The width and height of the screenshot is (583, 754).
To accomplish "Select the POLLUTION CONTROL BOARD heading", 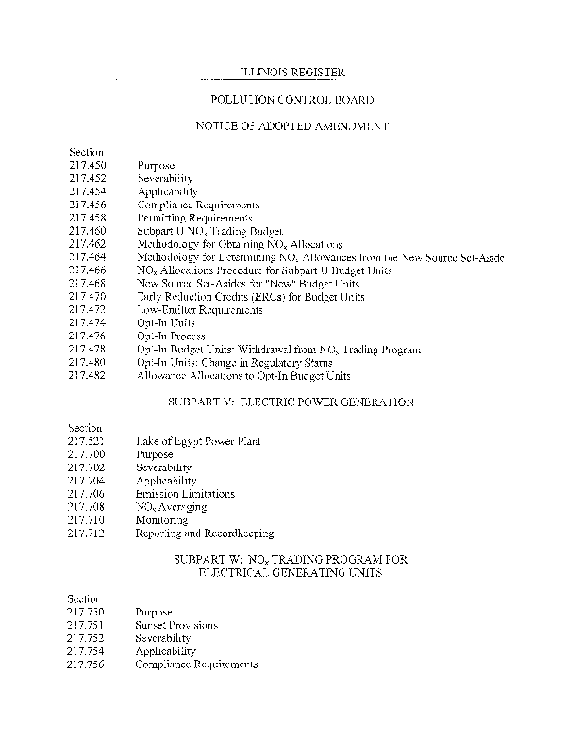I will pyautogui.click(x=291, y=99).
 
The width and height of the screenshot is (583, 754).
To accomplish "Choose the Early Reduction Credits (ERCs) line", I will pyautogui.click(x=237, y=297).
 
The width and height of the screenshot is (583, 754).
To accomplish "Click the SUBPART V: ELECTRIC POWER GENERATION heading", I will pyautogui.click(x=291, y=402).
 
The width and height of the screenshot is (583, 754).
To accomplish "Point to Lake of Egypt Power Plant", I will pyautogui.click(x=198, y=441).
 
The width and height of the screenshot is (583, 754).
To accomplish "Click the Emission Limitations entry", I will pyautogui.click(x=185, y=494).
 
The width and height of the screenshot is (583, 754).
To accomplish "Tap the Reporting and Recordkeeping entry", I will pyautogui.click(x=205, y=533).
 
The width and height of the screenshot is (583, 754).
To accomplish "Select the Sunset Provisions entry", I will pyautogui.click(x=176, y=625).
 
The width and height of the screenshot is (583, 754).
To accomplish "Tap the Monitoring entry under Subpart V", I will pyautogui.click(x=161, y=520).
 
